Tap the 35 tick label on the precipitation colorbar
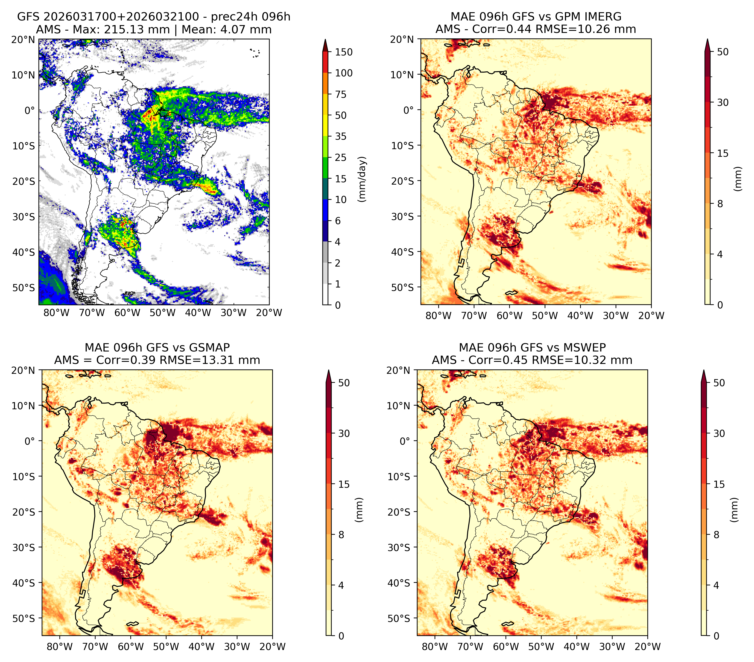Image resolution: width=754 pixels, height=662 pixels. tap(340, 136)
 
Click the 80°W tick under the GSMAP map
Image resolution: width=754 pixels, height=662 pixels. tap(60, 647)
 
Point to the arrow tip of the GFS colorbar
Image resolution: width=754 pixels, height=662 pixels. tap(325, 39)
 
